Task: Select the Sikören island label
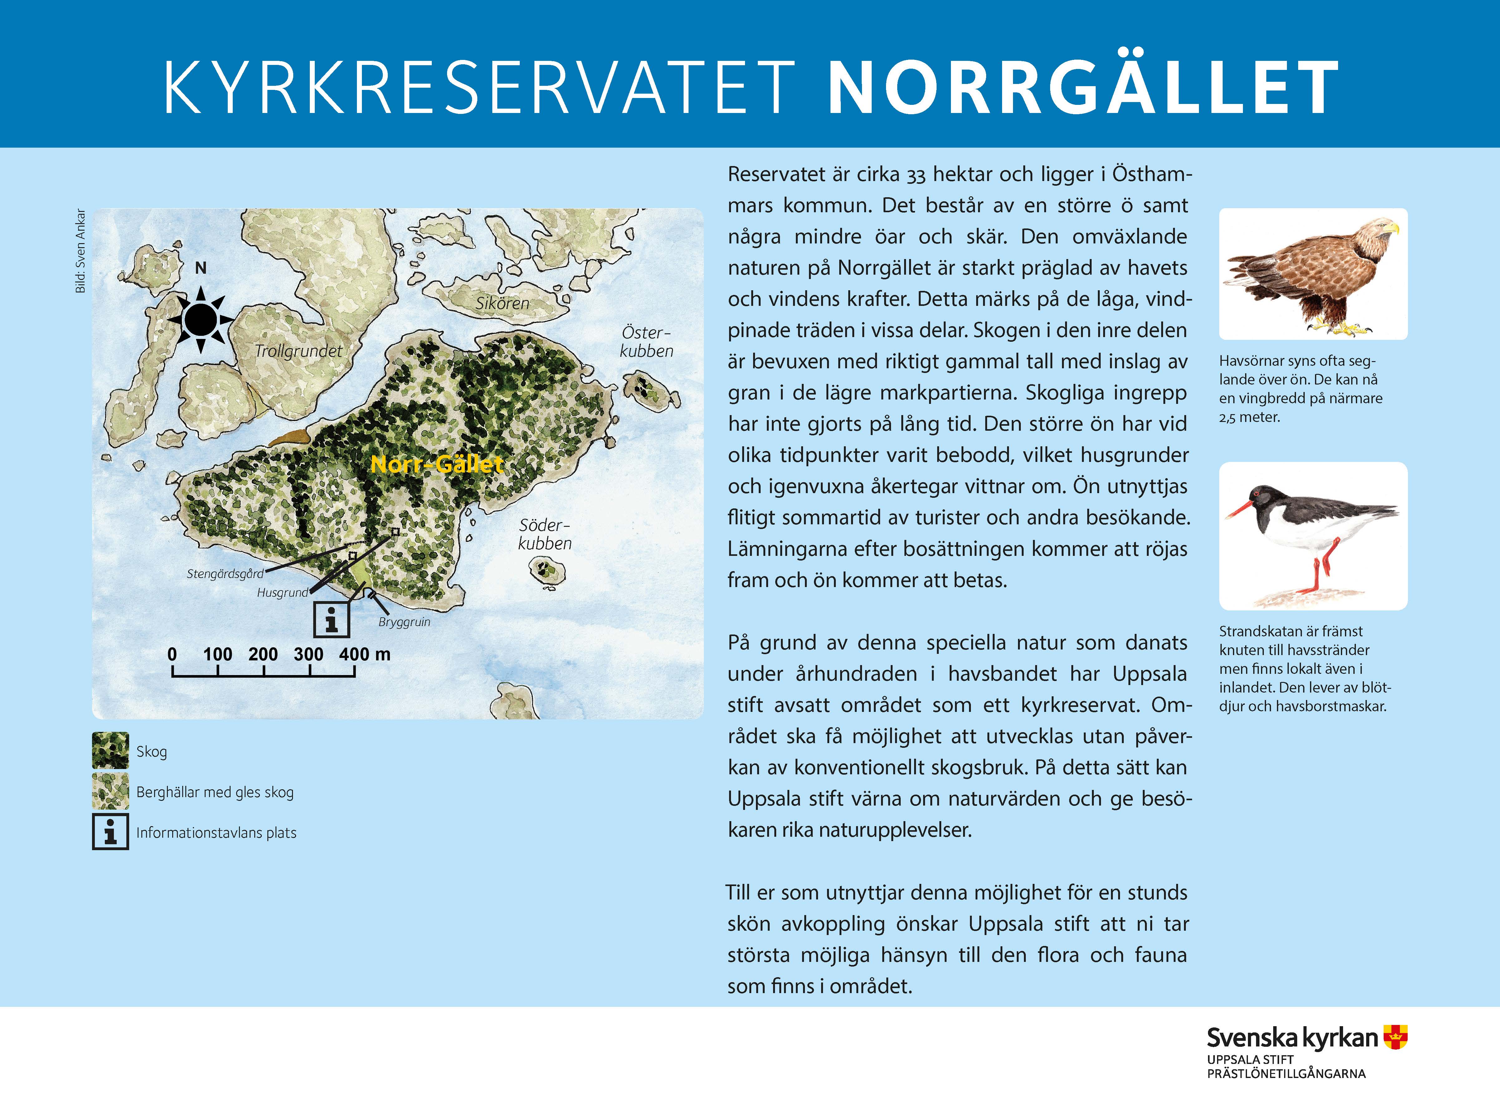click(502, 304)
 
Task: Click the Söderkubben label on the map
click(545, 534)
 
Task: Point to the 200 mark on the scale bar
click(263, 654)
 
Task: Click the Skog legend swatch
click(110, 751)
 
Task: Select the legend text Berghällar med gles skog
click(215, 792)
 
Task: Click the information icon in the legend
click(110, 832)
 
